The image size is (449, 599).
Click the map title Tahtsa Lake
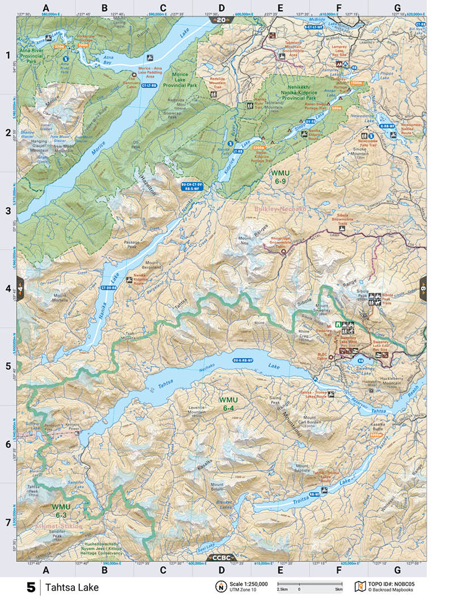pyautogui.click(x=72, y=587)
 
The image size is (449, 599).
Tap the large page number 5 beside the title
pyautogui.click(x=31, y=587)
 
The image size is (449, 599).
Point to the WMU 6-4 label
pyautogui.click(x=229, y=404)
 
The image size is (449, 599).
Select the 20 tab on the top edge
pyautogui.click(x=221, y=20)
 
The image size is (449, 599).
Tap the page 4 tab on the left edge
pyautogui.click(x=20, y=288)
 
